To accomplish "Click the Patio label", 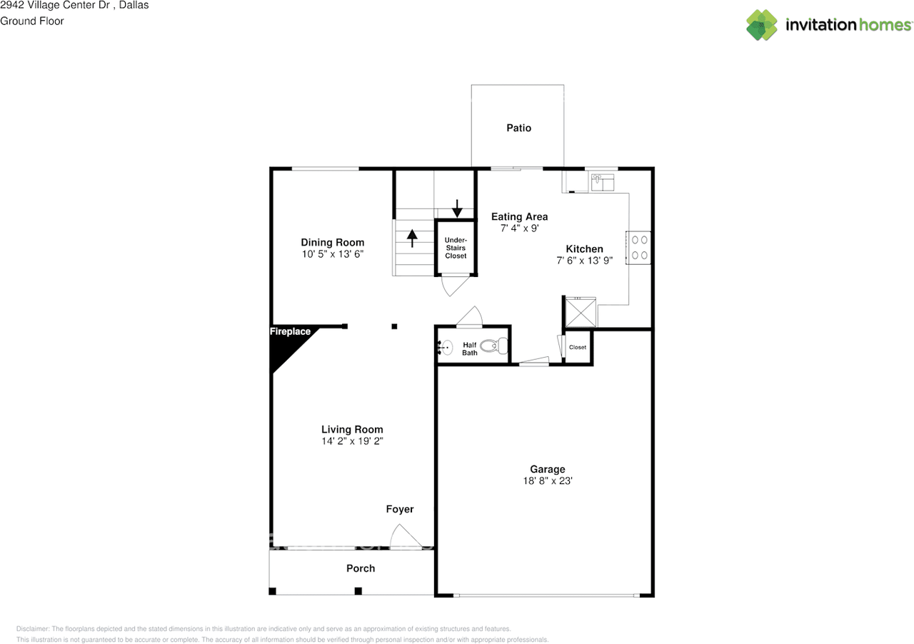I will (518, 128).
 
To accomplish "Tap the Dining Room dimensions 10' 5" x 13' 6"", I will (332, 254).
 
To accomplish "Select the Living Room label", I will (352, 429).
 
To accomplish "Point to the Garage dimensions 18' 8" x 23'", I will (547, 481).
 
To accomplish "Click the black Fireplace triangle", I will (286, 346).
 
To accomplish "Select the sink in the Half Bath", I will (446, 348).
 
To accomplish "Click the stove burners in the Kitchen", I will (640, 247).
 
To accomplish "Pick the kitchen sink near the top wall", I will (603, 183).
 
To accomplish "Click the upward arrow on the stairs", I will (412, 237).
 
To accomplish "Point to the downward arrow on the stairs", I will (457, 208).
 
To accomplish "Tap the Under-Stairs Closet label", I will (456, 248).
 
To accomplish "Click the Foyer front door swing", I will (401, 537).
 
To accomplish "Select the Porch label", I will (361, 568).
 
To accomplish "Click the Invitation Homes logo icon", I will (762, 25).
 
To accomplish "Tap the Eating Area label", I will (519, 216).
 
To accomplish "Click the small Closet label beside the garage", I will (578, 348).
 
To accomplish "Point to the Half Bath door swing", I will (470, 316).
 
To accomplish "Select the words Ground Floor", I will (32, 21).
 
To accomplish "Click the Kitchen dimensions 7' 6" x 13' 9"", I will (584, 261).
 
